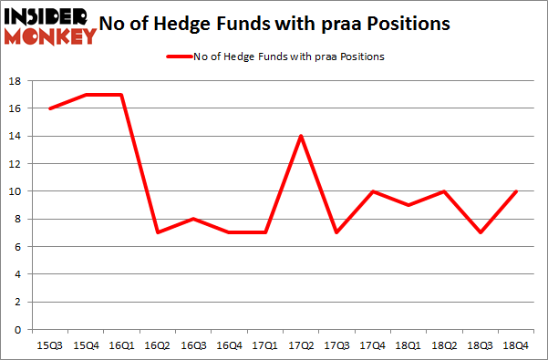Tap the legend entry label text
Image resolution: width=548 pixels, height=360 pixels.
288,57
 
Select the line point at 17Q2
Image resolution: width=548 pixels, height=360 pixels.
301,136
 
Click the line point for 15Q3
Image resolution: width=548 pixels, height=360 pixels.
49,108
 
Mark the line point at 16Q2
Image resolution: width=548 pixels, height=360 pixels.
157,232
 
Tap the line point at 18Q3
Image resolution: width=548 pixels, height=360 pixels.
480,232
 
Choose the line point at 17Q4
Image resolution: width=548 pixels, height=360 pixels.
372,191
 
